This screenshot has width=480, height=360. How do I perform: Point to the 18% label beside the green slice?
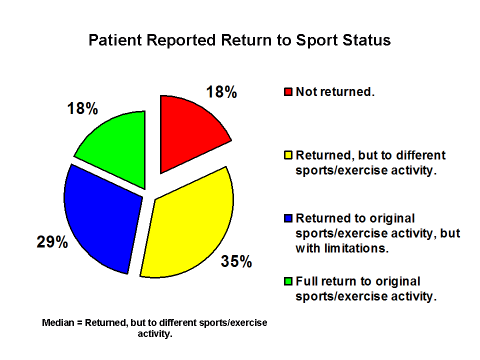(x=82, y=105)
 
